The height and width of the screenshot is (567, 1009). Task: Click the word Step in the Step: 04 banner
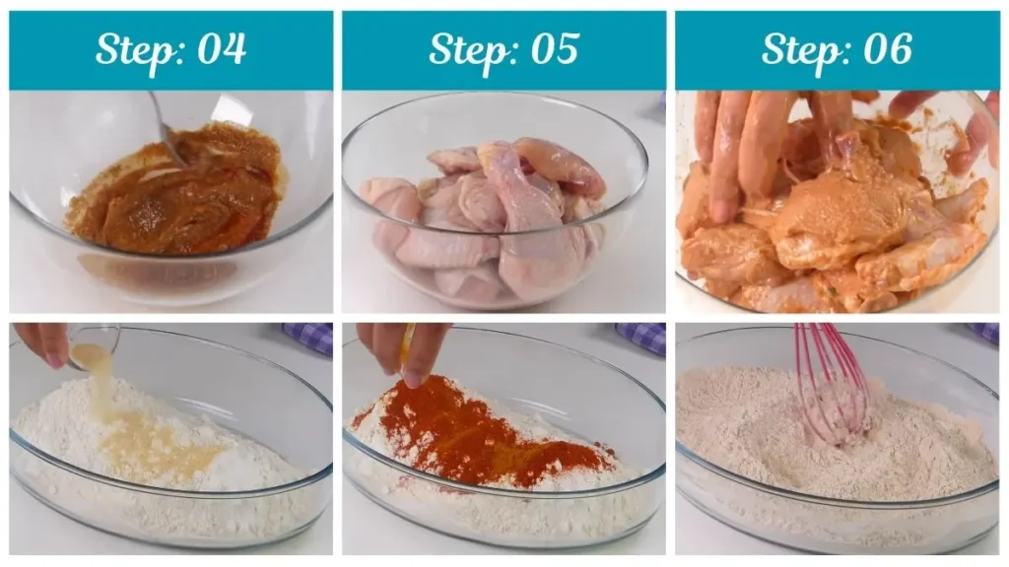133,49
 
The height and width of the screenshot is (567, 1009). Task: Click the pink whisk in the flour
833,384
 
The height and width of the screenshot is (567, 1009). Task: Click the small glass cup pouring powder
94,345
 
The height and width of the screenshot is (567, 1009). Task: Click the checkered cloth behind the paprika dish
640,338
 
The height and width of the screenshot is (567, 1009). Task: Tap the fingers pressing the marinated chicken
739,148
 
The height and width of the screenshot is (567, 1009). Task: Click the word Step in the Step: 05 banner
466,49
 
